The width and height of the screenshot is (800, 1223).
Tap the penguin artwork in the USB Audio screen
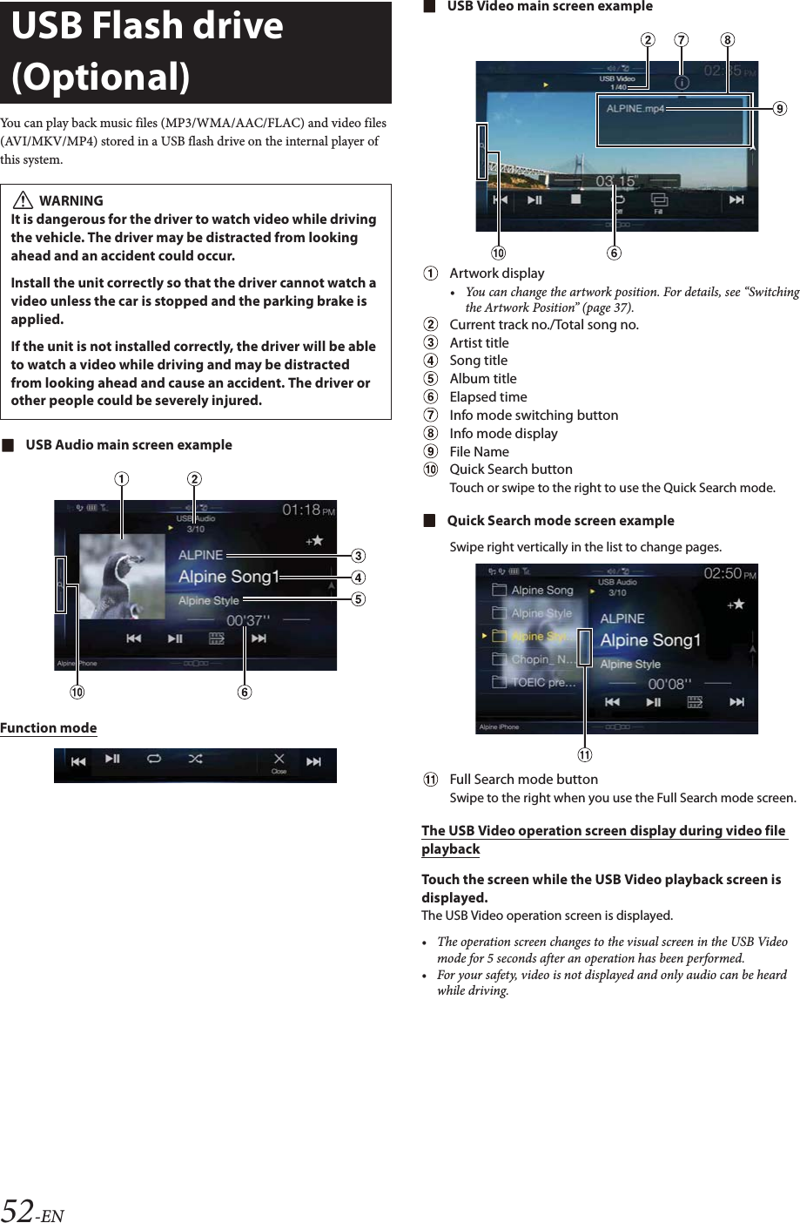coord(122,577)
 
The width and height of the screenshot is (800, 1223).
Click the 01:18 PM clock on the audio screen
coord(307,510)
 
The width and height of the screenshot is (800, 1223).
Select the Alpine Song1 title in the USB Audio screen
coord(229,577)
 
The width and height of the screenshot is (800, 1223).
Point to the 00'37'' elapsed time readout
coord(248,620)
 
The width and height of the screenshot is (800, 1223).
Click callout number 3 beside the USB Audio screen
coord(358,556)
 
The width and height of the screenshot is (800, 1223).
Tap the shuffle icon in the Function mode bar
coord(196,760)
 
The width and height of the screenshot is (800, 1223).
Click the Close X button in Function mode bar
coord(279,761)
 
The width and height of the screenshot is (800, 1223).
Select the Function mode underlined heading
coord(49,728)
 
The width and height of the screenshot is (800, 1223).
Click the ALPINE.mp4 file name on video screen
coord(635,109)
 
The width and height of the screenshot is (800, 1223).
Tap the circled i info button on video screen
coord(682,82)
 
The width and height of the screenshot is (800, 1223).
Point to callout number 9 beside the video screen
coord(780,109)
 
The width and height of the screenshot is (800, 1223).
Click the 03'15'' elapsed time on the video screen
coord(616,181)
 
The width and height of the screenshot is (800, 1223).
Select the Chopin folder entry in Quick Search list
coord(541,659)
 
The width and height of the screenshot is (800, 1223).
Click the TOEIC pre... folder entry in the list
coord(542,682)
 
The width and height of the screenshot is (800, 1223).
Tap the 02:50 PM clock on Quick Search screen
coord(729,573)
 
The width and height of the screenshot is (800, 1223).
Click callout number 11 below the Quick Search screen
coord(585,754)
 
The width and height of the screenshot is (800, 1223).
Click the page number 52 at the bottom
coord(18,1211)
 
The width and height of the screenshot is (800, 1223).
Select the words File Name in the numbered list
coord(479,451)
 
